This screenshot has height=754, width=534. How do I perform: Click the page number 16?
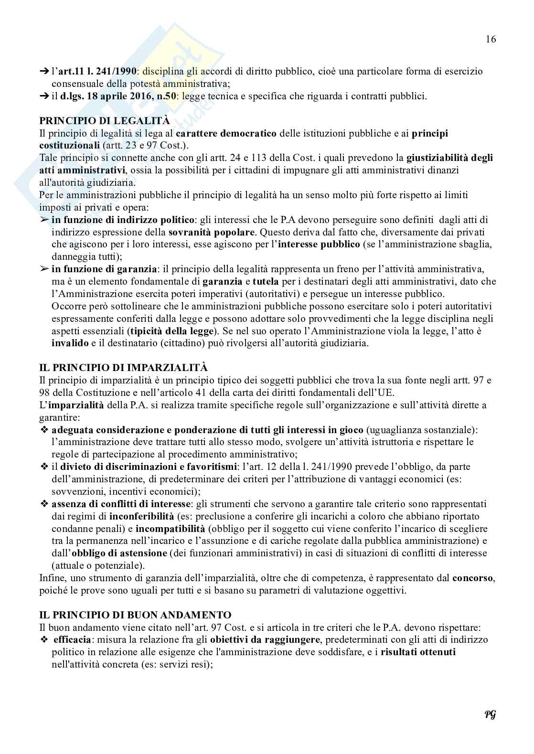coord(491,39)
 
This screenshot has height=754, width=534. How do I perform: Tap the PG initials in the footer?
coord(490,714)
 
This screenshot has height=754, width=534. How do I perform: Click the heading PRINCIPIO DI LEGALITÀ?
coord(105,121)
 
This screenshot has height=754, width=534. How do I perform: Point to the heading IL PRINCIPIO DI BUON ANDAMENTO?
coord(135,615)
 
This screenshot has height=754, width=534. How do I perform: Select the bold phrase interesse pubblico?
coord(319,245)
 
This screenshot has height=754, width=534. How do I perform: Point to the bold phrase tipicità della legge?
coord(167,331)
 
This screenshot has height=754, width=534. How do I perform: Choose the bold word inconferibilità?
coord(141,516)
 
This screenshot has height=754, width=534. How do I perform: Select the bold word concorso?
coord(472,578)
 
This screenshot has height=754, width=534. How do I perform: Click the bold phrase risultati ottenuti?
coord(418,652)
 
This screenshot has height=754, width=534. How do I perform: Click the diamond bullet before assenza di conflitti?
coord(44,504)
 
